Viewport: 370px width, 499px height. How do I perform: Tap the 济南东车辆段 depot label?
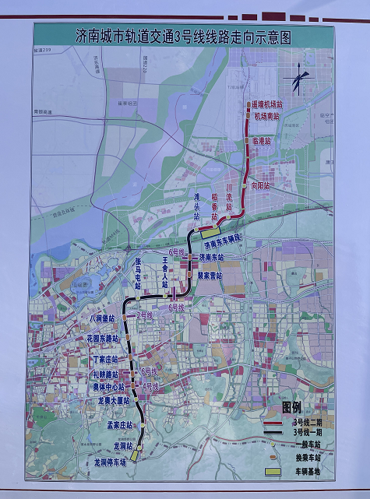224,243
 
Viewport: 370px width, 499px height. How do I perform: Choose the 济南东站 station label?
210,256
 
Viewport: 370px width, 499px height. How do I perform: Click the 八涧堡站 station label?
101,318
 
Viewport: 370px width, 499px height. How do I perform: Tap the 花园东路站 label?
103,339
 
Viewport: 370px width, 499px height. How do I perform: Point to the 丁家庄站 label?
104,359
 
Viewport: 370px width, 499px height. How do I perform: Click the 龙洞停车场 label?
110,462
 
